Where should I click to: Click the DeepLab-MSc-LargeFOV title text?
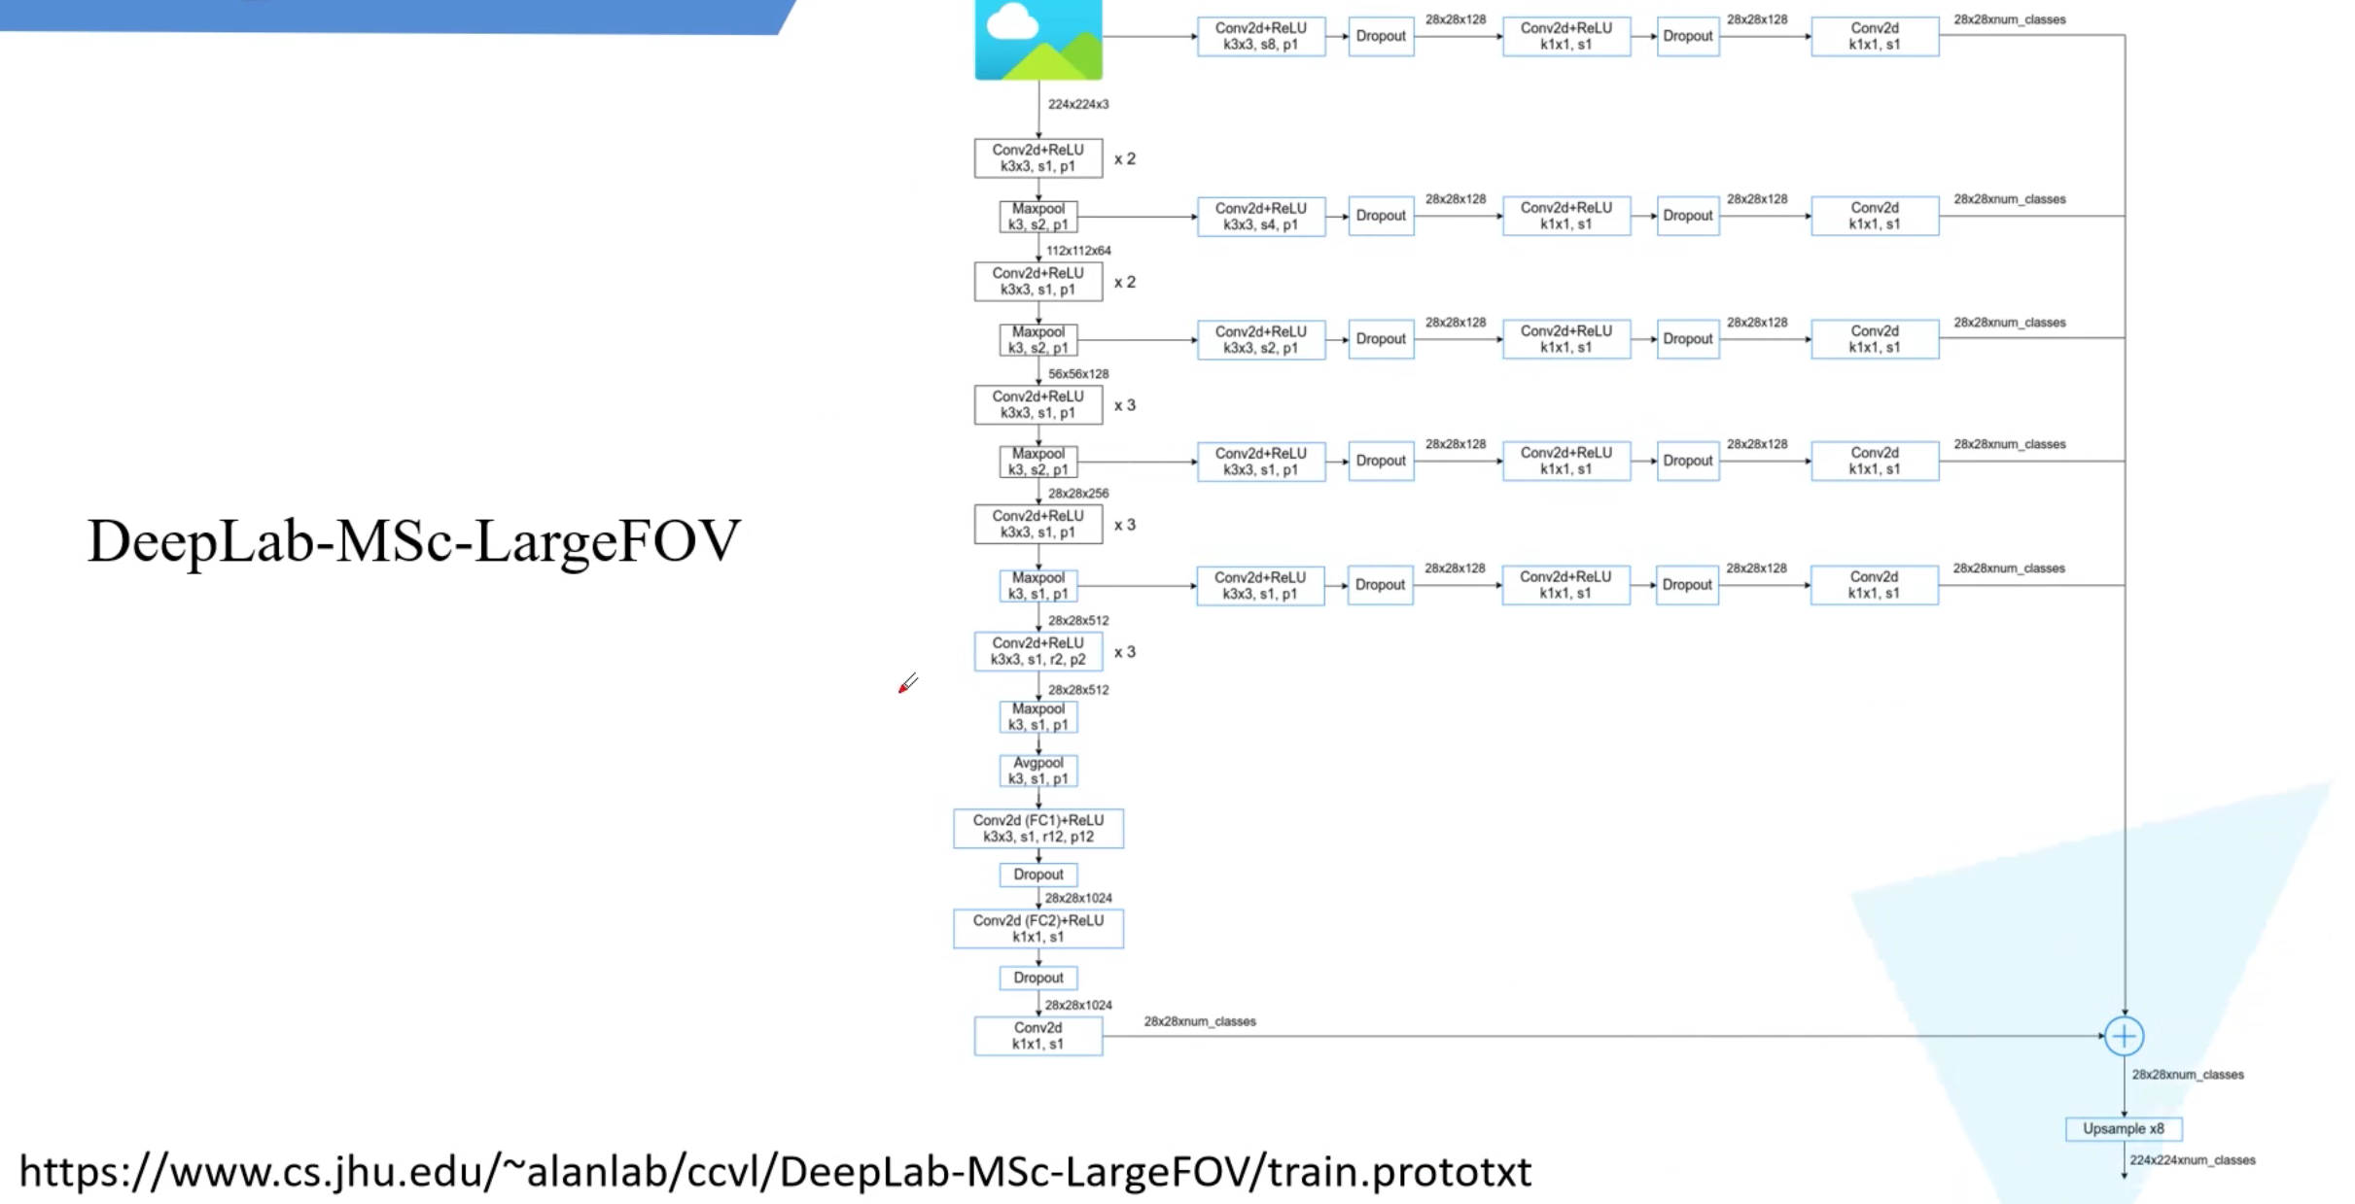(413, 540)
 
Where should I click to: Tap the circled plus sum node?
(2124, 1036)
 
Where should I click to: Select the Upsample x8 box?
(2124, 1128)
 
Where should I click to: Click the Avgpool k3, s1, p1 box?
(1037, 771)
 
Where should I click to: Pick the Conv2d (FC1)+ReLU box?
(1037, 828)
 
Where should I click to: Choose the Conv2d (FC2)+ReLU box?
(1037, 928)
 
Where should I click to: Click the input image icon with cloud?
(1037, 39)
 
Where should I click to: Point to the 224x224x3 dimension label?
(1077, 104)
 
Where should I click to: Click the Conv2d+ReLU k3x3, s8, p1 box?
(1260, 36)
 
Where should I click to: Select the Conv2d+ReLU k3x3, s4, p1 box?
(1260, 216)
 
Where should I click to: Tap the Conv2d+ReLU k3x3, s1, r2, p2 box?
(1037, 651)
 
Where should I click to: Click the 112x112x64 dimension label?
(1077, 251)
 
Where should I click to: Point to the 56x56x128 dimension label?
(1077, 374)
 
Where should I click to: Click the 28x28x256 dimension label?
(1077, 494)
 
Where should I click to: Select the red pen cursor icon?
(907, 685)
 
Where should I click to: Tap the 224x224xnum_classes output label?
(2192, 1160)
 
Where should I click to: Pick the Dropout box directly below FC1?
(1037, 875)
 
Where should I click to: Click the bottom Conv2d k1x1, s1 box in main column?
(1037, 1036)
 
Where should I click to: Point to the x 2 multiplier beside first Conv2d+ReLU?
(1124, 158)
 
